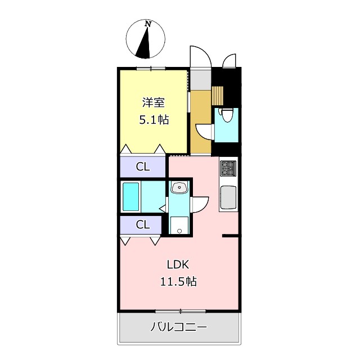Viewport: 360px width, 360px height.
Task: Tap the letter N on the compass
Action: coord(148,24)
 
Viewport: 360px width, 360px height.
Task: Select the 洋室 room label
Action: coord(153,102)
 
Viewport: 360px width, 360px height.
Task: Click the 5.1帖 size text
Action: coord(153,119)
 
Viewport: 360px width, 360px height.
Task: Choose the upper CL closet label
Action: coord(143,166)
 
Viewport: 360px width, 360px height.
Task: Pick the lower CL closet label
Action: coord(143,224)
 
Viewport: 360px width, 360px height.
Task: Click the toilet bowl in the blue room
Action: coord(226,116)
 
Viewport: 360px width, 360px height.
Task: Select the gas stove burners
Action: coord(228,168)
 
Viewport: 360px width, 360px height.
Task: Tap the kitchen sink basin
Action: coord(228,197)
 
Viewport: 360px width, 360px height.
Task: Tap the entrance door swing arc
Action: coord(199,56)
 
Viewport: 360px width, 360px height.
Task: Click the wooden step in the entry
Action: coord(218,95)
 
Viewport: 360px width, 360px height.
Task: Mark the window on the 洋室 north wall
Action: coord(152,68)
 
